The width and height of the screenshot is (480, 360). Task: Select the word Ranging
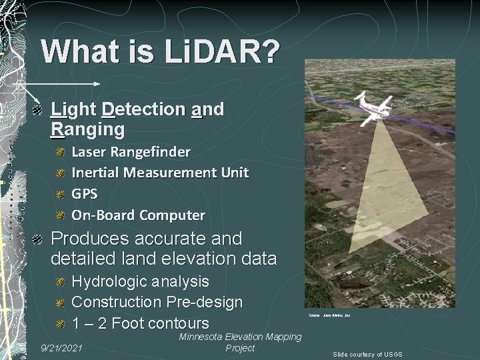point(87,128)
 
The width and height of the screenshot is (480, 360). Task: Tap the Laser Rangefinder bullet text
point(131,152)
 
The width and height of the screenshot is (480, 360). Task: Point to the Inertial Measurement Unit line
point(159,173)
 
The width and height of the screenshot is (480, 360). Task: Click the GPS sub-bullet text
point(84,194)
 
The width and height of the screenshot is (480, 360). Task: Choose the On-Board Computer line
point(138,215)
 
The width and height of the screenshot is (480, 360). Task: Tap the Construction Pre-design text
point(157,303)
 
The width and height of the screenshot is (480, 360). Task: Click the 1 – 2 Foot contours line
point(140,324)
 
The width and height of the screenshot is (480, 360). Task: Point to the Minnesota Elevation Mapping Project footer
point(240,343)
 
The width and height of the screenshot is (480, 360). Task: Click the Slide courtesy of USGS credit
point(368,354)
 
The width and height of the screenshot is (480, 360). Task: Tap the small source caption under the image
point(329,314)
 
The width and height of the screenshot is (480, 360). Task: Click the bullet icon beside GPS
point(60,195)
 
